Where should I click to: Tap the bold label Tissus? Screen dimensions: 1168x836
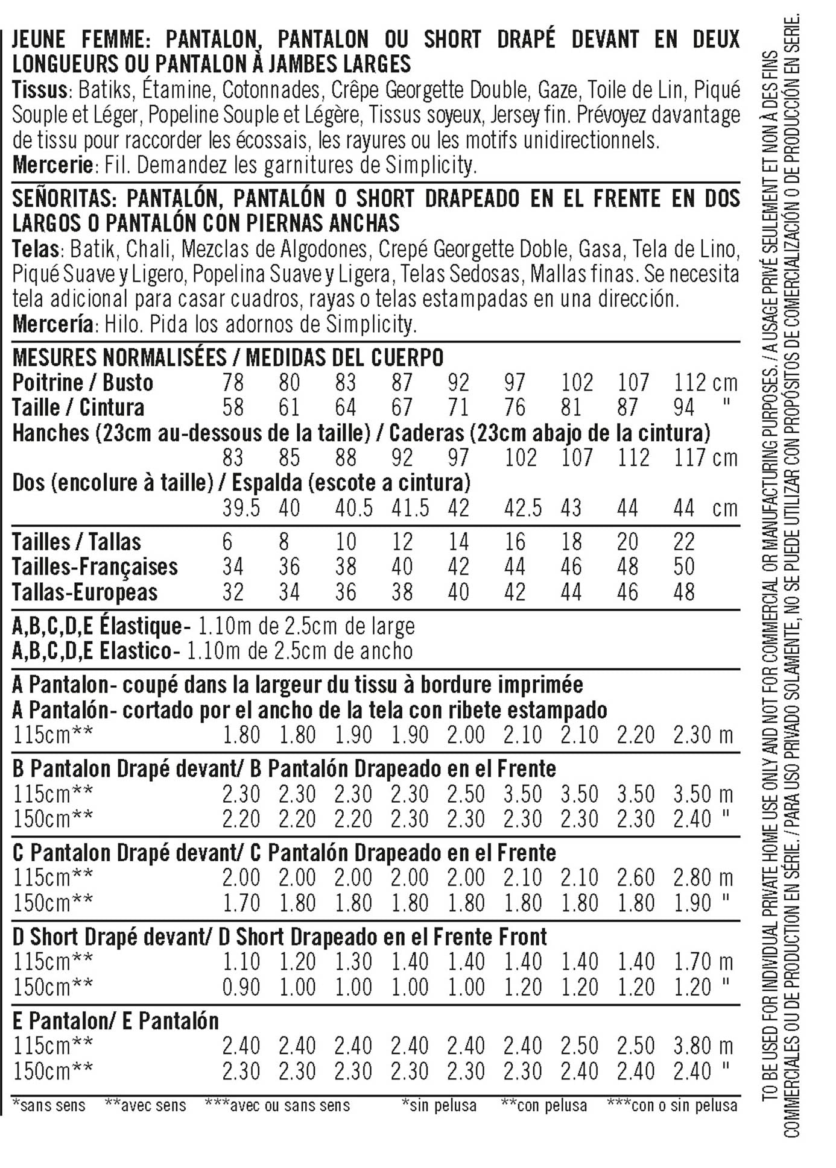39,90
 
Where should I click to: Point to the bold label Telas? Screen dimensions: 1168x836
35,248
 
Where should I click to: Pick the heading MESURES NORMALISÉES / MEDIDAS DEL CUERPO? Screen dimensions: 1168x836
227,357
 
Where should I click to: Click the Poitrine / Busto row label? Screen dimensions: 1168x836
83,382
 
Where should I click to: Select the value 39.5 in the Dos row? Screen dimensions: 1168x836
241,508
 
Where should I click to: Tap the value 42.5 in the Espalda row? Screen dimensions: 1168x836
523,508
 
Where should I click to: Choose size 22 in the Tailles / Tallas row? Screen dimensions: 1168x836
684,542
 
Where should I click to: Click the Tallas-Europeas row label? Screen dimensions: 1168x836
84,592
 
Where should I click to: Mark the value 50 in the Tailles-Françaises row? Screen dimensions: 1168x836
684,567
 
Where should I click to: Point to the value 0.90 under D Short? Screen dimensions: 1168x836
241,987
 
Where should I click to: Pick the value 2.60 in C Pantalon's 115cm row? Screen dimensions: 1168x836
636,878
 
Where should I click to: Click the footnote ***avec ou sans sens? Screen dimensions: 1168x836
277,1105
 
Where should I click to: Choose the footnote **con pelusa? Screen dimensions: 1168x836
543,1105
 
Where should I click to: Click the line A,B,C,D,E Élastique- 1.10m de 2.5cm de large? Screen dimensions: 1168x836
214,626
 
